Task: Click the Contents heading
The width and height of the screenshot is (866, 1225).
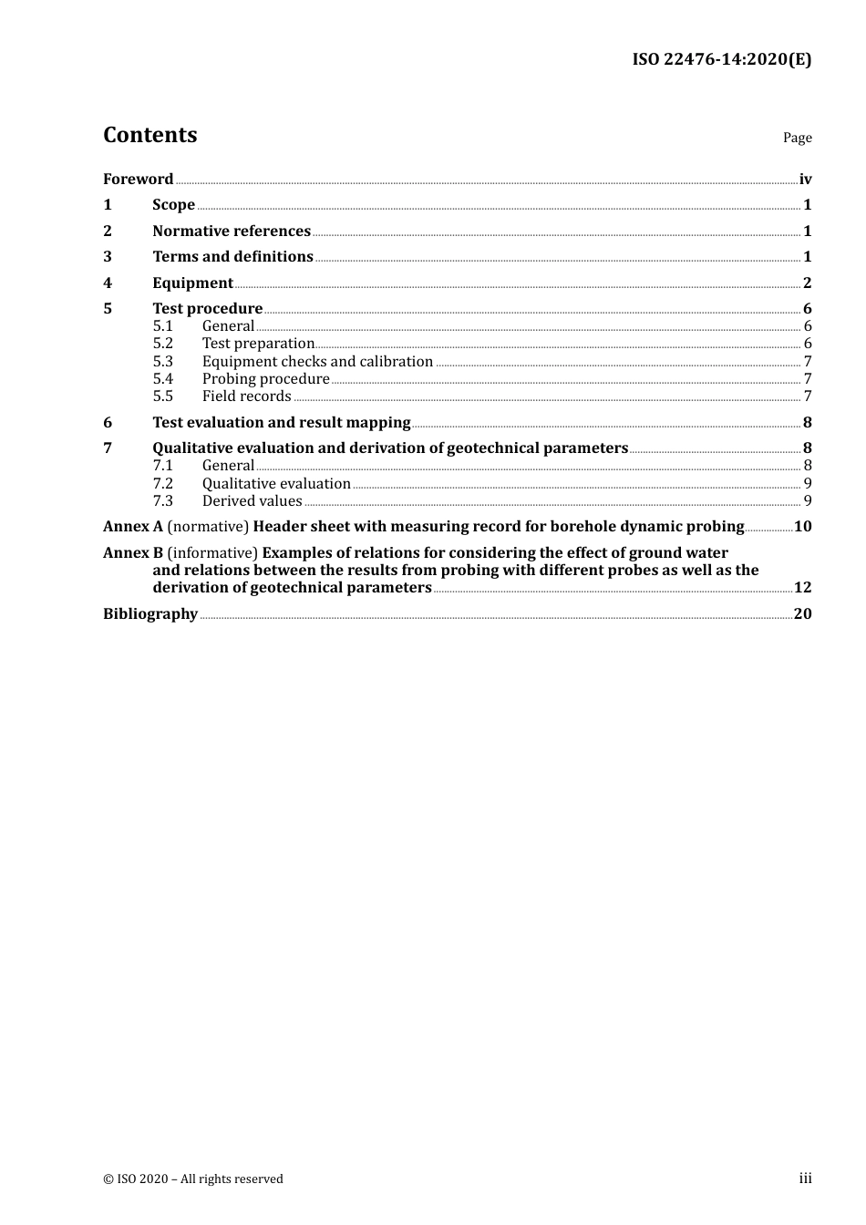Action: pyautogui.click(x=149, y=135)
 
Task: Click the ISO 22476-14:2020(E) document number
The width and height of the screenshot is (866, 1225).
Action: pyautogui.click(x=721, y=60)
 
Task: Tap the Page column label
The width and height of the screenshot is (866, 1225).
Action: pyautogui.click(x=797, y=138)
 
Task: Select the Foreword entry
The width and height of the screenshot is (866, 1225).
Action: pyautogui.click(x=138, y=180)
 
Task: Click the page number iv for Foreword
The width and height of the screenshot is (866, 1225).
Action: pyautogui.click(x=805, y=180)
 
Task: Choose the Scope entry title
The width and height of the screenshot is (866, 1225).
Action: pyautogui.click(x=173, y=205)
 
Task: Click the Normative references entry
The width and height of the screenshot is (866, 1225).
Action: pyautogui.click(x=232, y=232)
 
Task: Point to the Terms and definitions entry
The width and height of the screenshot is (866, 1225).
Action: pyautogui.click(x=232, y=257)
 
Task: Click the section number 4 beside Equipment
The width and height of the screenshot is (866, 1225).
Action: pyautogui.click(x=108, y=283)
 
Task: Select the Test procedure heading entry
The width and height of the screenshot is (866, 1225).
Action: pyautogui.click(x=207, y=309)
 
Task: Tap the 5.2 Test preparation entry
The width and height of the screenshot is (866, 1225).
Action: pyautogui.click(x=258, y=344)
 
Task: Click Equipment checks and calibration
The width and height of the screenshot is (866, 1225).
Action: pyautogui.click(x=317, y=362)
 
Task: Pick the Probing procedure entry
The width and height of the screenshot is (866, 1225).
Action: pyautogui.click(x=265, y=379)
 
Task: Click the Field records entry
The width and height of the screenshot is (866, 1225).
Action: pyautogui.click(x=246, y=396)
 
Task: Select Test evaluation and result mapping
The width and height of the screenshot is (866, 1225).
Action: pyautogui.click(x=281, y=423)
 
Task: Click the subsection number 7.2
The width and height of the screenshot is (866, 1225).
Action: pyautogui.click(x=162, y=484)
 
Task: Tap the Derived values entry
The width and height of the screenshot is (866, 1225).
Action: pyautogui.click(x=252, y=501)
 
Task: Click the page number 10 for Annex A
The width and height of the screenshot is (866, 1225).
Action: pyautogui.click(x=802, y=527)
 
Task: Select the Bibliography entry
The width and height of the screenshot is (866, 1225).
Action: pyautogui.click(x=150, y=614)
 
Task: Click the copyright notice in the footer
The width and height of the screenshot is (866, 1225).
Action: pyautogui.click(x=193, y=1179)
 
